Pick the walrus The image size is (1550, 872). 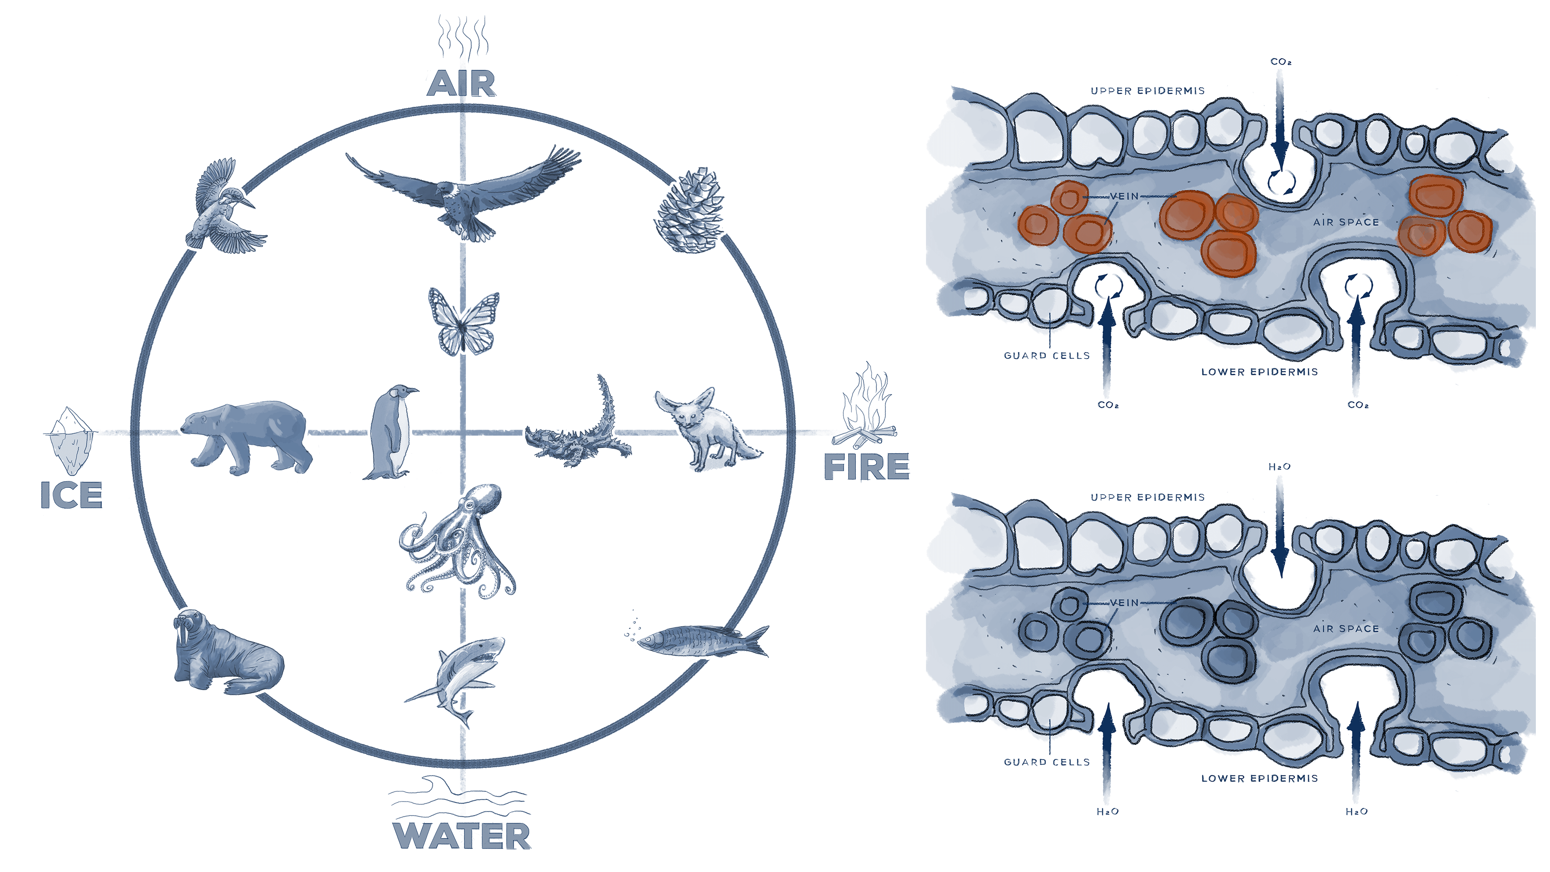[226, 653]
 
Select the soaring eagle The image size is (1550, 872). [463, 193]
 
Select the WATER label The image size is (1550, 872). [461, 835]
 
